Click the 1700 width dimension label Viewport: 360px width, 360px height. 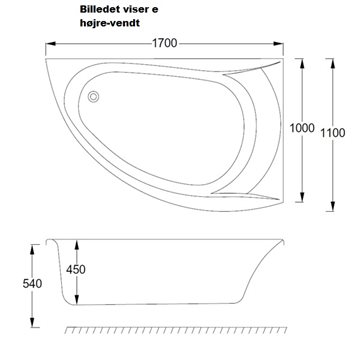coord(165,43)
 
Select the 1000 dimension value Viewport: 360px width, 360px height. coord(302,128)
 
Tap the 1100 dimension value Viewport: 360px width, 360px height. coord(333,133)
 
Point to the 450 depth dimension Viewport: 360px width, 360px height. coord(76,269)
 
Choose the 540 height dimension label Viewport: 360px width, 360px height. coord(32,284)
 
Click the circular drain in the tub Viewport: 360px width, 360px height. coord(93,97)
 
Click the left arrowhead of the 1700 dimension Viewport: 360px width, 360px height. coord(50,44)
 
